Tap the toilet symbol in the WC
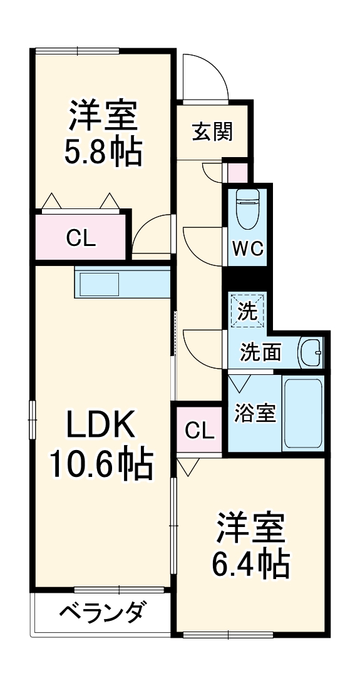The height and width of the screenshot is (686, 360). [247, 209]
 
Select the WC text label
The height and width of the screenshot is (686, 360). [247, 250]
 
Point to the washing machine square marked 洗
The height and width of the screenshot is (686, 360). [247, 310]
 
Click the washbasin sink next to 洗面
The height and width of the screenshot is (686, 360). [311, 352]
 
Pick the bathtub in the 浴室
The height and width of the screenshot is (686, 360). [302, 414]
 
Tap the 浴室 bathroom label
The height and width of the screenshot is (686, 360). [255, 413]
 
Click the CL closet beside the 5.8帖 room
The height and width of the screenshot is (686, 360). [81, 238]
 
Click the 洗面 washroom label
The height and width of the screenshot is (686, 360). [260, 353]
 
